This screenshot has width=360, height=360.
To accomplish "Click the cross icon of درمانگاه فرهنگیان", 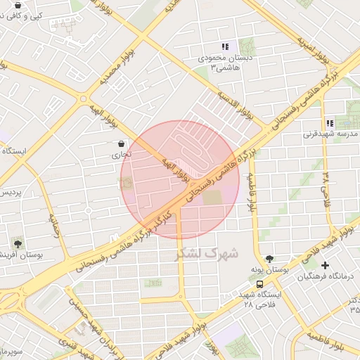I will click(x=325, y=266).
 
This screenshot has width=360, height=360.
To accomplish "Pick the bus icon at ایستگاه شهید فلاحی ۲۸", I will click(x=260, y=285).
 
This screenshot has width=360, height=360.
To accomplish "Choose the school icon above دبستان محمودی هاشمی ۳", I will click(x=225, y=46).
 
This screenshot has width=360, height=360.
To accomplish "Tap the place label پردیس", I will click(x=10, y=192).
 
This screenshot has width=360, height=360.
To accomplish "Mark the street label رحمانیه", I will click(x=55, y=226).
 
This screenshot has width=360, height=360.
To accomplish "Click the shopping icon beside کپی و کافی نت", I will click(x=17, y=6).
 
